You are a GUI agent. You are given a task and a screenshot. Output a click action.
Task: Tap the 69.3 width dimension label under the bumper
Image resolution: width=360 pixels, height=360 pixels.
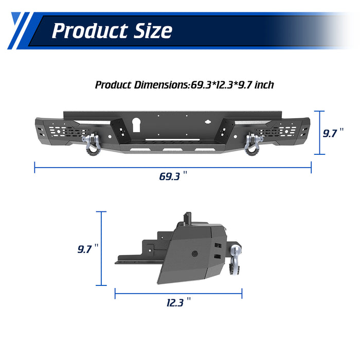tap(170, 176)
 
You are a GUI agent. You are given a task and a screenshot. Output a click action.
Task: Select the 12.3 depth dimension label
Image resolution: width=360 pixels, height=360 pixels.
tap(175, 302)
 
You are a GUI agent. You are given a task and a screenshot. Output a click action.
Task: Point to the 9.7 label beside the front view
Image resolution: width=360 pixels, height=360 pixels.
tap(332, 133)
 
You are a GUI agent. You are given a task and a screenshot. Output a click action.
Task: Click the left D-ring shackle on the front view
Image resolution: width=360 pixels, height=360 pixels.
tap(93, 143)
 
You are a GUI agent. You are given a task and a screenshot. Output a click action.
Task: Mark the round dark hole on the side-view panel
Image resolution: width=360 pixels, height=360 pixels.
tap(195, 254)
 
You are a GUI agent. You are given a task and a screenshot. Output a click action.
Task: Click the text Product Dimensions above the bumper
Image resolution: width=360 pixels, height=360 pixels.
tap(141, 84)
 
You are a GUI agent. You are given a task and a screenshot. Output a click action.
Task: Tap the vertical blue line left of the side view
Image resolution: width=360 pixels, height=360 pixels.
tap(102, 249)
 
